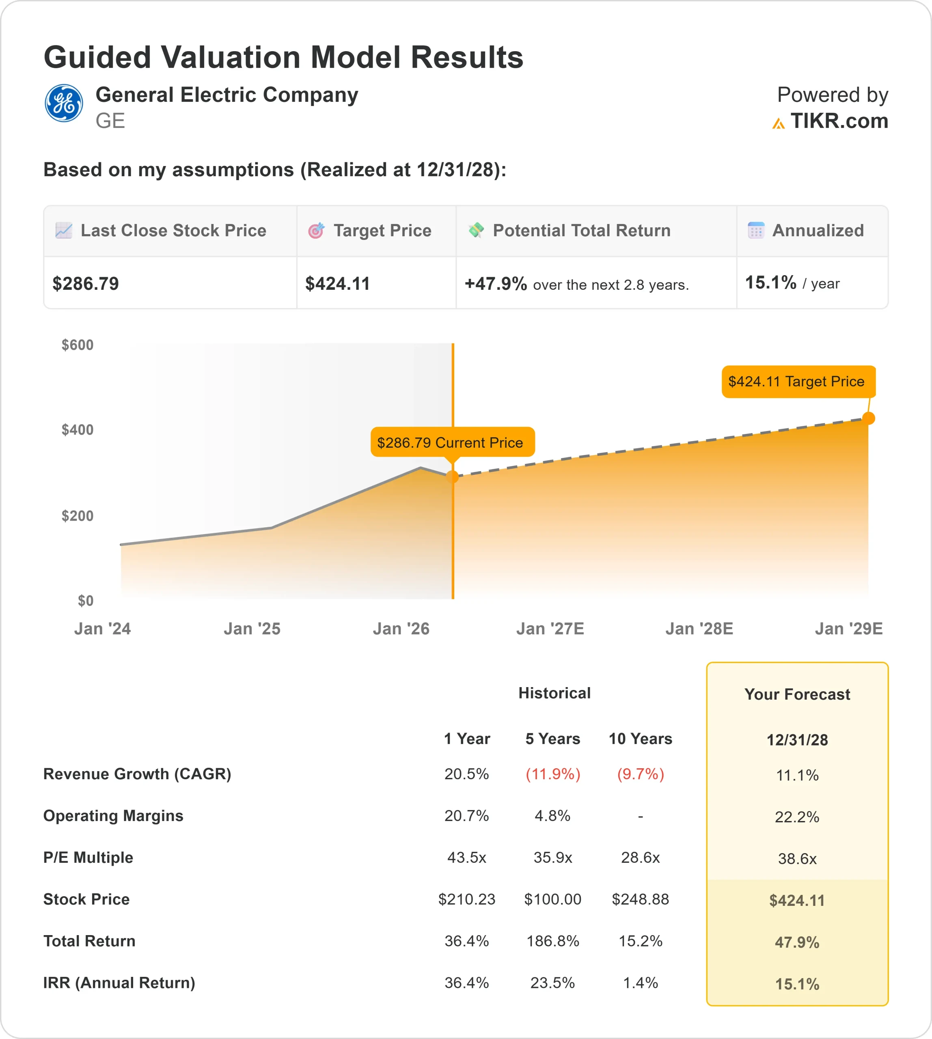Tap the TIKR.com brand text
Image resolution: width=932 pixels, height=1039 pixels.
click(x=839, y=121)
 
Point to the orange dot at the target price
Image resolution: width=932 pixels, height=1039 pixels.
click(x=869, y=418)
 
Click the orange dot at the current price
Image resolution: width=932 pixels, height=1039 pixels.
click(x=452, y=477)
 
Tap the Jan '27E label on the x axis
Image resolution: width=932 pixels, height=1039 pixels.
click(x=550, y=628)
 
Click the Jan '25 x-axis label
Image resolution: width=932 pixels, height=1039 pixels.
click(x=252, y=628)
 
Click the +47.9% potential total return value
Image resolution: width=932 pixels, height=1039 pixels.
click(x=495, y=284)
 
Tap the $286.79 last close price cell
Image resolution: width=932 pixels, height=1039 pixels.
click(x=86, y=284)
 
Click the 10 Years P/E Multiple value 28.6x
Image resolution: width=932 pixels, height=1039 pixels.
click(x=640, y=857)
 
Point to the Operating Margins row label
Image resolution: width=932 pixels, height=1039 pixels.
click(x=113, y=816)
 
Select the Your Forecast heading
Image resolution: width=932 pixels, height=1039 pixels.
click(x=797, y=694)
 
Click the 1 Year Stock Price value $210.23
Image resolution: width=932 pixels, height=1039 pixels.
click(x=466, y=899)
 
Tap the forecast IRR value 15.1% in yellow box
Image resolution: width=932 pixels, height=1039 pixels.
click(x=797, y=984)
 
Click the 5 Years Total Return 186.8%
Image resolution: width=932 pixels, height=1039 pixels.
click(x=552, y=941)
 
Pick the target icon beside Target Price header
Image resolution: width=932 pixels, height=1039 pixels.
click(x=316, y=231)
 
